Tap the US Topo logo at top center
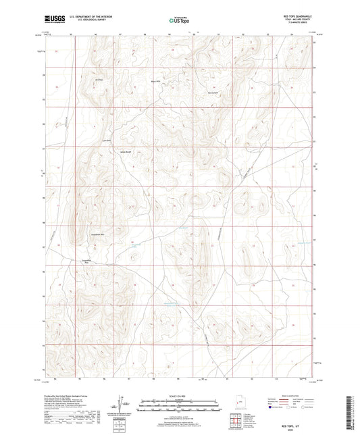tap(180, 20)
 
